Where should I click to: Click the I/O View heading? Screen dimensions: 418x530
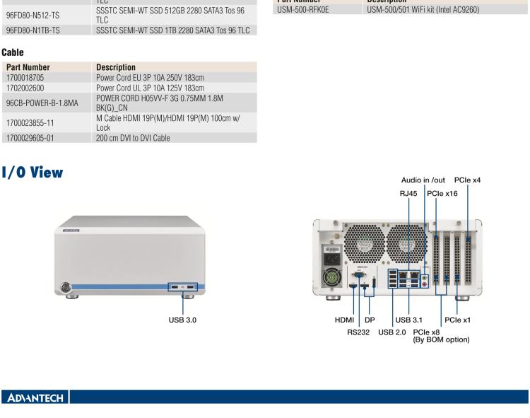coord(33,172)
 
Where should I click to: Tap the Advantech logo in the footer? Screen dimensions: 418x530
coord(34,397)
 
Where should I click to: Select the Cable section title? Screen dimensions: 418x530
coord(13,52)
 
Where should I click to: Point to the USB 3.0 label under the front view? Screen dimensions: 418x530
coord(182,320)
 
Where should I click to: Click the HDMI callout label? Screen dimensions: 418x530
coord(345,320)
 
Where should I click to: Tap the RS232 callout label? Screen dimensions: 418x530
coord(361,330)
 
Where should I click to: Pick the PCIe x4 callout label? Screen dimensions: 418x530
coord(468,180)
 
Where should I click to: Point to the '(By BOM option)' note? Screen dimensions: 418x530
coord(442,339)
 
